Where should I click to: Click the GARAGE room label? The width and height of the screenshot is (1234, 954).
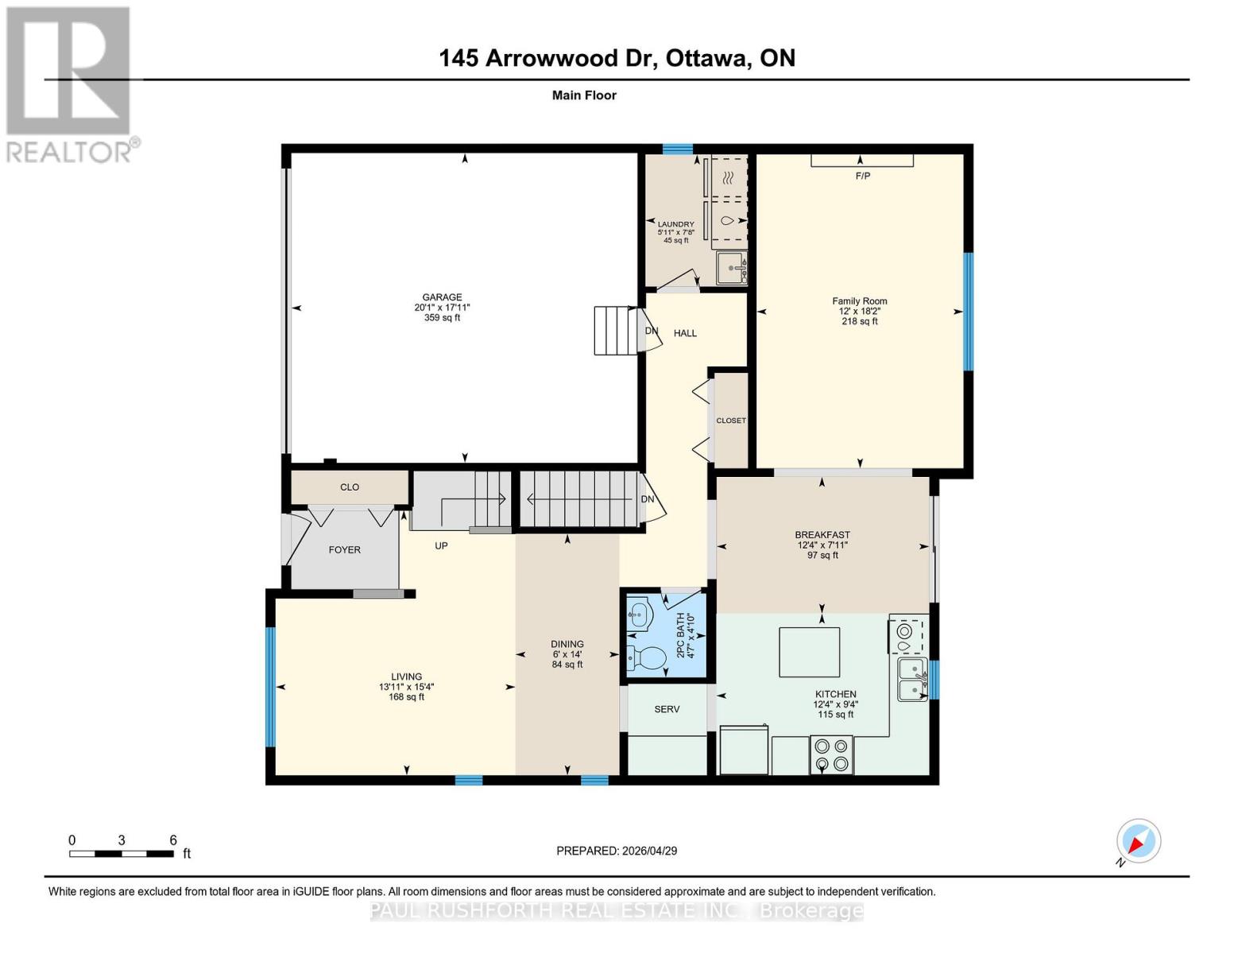(442, 297)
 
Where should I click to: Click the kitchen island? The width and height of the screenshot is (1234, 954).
(809, 652)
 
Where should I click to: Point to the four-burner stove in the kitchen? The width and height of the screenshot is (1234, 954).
(831, 754)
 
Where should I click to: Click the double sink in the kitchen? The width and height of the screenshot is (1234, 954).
(912, 679)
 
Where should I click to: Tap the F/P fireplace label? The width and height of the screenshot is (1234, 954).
(863, 176)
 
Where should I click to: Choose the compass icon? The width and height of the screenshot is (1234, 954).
(1139, 841)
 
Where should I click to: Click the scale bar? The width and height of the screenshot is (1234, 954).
(122, 853)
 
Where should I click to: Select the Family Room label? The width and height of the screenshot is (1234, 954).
(859, 301)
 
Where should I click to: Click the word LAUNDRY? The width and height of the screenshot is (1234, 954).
(675, 224)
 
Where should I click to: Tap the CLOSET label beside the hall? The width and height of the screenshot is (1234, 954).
(731, 421)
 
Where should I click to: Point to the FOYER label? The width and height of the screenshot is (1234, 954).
(345, 549)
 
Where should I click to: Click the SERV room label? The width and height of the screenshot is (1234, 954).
(667, 709)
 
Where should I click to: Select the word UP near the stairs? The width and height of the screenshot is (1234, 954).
(441, 545)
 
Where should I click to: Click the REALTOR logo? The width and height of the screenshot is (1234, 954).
(71, 85)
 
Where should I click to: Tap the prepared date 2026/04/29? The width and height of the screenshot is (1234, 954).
(650, 851)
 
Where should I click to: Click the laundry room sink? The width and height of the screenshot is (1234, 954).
(732, 267)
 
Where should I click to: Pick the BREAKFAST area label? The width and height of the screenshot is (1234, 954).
(822, 535)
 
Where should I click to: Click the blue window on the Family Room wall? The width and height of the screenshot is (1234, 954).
(969, 312)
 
